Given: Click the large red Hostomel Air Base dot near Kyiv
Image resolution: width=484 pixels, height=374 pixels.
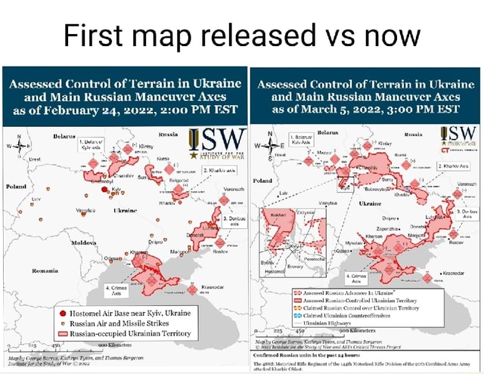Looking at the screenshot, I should pyautogui.click(x=104, y=190).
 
